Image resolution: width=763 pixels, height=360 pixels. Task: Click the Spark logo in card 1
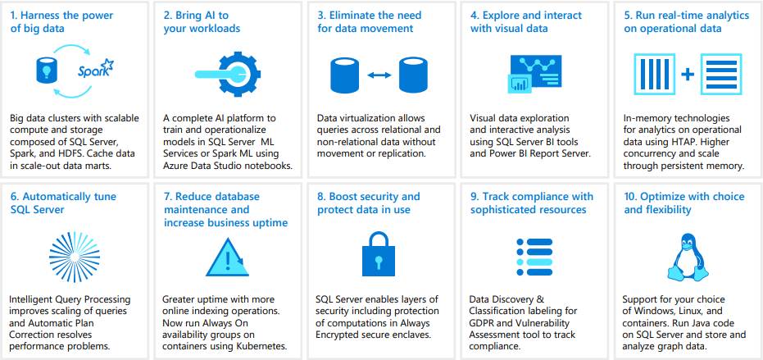(96, 70)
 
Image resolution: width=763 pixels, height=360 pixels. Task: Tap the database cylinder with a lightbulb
(47, 71)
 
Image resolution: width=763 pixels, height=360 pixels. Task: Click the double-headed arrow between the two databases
(379, 75)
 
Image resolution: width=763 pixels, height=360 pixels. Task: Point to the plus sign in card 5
(687, 74)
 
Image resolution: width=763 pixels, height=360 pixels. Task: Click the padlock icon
(378, 253)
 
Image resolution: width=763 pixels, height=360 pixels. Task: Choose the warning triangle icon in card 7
(228, 257)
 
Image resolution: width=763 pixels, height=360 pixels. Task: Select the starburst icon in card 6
(75, 253)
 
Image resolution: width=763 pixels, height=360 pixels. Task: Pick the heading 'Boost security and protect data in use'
(369, 203)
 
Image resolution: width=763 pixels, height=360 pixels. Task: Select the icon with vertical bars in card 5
(654, 74)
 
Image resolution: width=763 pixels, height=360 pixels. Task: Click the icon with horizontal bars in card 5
(720, 74)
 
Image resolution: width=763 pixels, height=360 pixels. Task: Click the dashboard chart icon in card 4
(534, 74)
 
